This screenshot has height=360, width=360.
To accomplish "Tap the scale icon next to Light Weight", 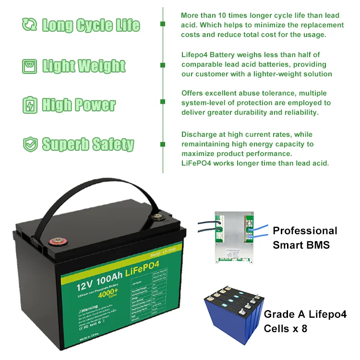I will [x=29, y=66].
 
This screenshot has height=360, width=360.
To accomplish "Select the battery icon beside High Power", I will [x=29, y=105].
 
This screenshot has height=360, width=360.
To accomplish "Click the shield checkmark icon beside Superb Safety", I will [x=29, y=144].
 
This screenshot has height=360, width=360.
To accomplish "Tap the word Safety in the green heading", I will [x=113, y=144].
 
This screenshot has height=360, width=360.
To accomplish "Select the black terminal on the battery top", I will [x=157, y=217].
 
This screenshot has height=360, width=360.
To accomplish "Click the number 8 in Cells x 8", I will [x=303, y=329].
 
